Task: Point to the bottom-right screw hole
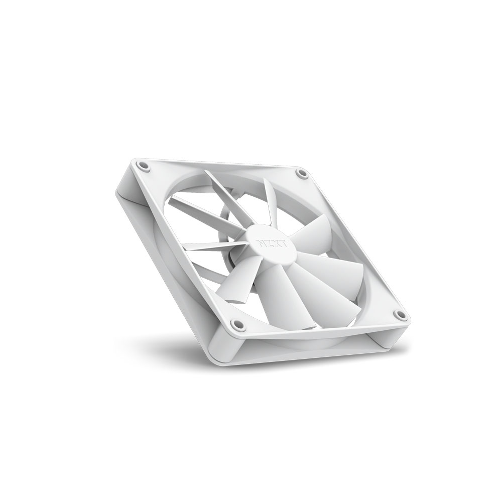pyautogui.click(x=400, y=315)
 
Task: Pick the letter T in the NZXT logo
pyautogui.click(x=285, y=244)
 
